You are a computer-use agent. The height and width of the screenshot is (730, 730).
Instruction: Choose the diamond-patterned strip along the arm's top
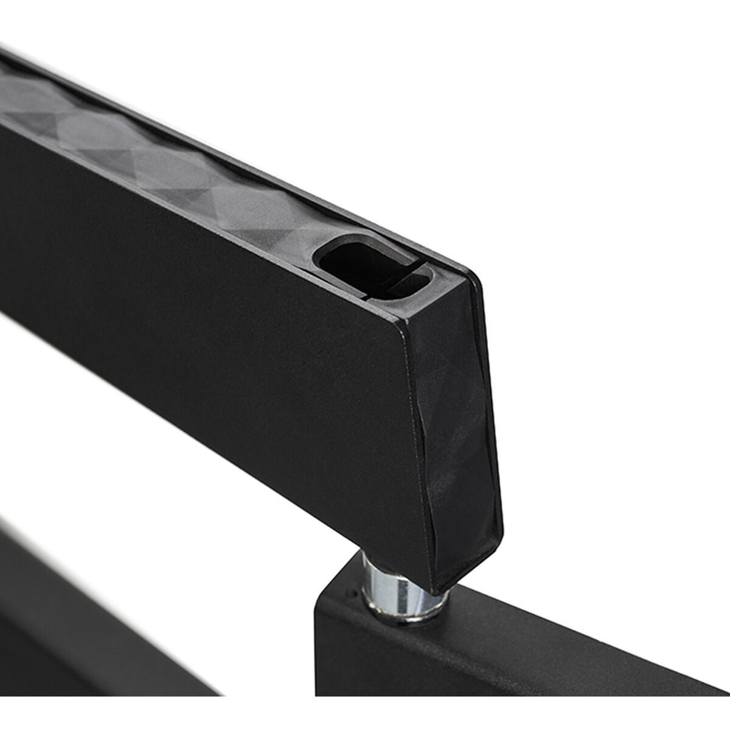(x=182, y=152)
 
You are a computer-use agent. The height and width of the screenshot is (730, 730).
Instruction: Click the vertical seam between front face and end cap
(x=423, y=456)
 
